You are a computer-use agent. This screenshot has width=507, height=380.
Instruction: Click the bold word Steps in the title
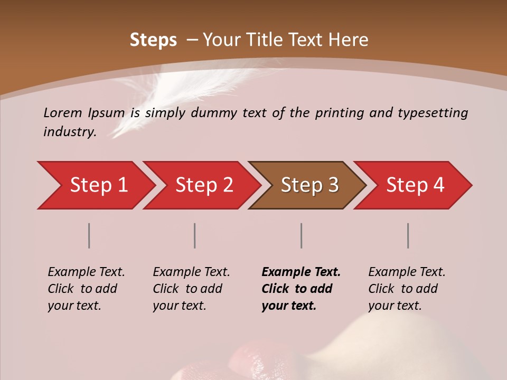[x=153, y=40]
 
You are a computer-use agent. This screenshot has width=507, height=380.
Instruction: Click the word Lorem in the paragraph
[x=63, y=113]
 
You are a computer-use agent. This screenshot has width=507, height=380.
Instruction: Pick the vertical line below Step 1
[x=89, y=235]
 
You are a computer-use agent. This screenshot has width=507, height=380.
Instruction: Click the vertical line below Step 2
[x=195, y=235]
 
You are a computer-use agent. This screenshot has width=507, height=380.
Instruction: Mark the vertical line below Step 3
[x=301, y=235]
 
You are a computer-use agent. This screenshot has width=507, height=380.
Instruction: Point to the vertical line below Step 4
[x=408, y=235]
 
